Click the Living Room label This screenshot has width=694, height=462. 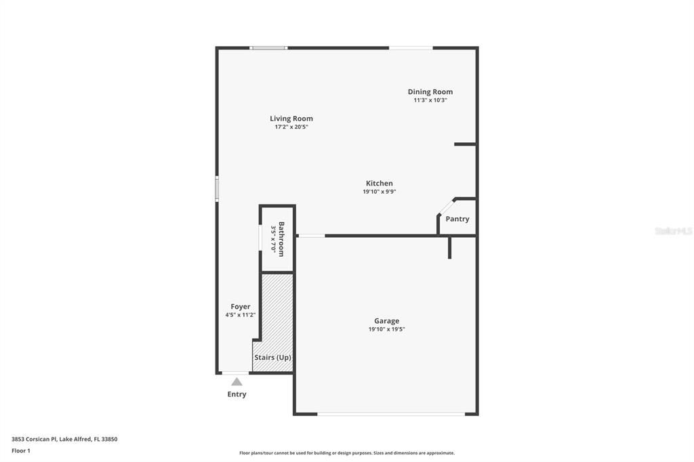click(291, 119)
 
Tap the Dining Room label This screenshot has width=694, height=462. click(430, 91)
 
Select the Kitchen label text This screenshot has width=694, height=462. click(380, 183)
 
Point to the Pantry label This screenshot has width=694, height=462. click(457, 219)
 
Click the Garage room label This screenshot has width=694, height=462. click(387, 321)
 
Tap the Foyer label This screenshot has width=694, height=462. click(241, 307)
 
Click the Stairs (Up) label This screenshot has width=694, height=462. click(273, 357)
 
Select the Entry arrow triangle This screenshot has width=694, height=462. click(237, 381)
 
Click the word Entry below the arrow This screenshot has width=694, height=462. click(237, 394)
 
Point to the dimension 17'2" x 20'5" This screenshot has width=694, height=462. click(291, 127)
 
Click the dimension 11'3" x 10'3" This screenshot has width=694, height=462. click(430, 100)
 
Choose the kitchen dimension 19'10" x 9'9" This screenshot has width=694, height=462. click(380, 192)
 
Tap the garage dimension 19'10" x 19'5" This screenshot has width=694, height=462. click(387, 329)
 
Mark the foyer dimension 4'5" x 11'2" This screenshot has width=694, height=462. click(241, 315)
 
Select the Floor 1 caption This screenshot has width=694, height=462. click(21, 450)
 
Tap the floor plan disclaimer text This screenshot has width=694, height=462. click(347, 453)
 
